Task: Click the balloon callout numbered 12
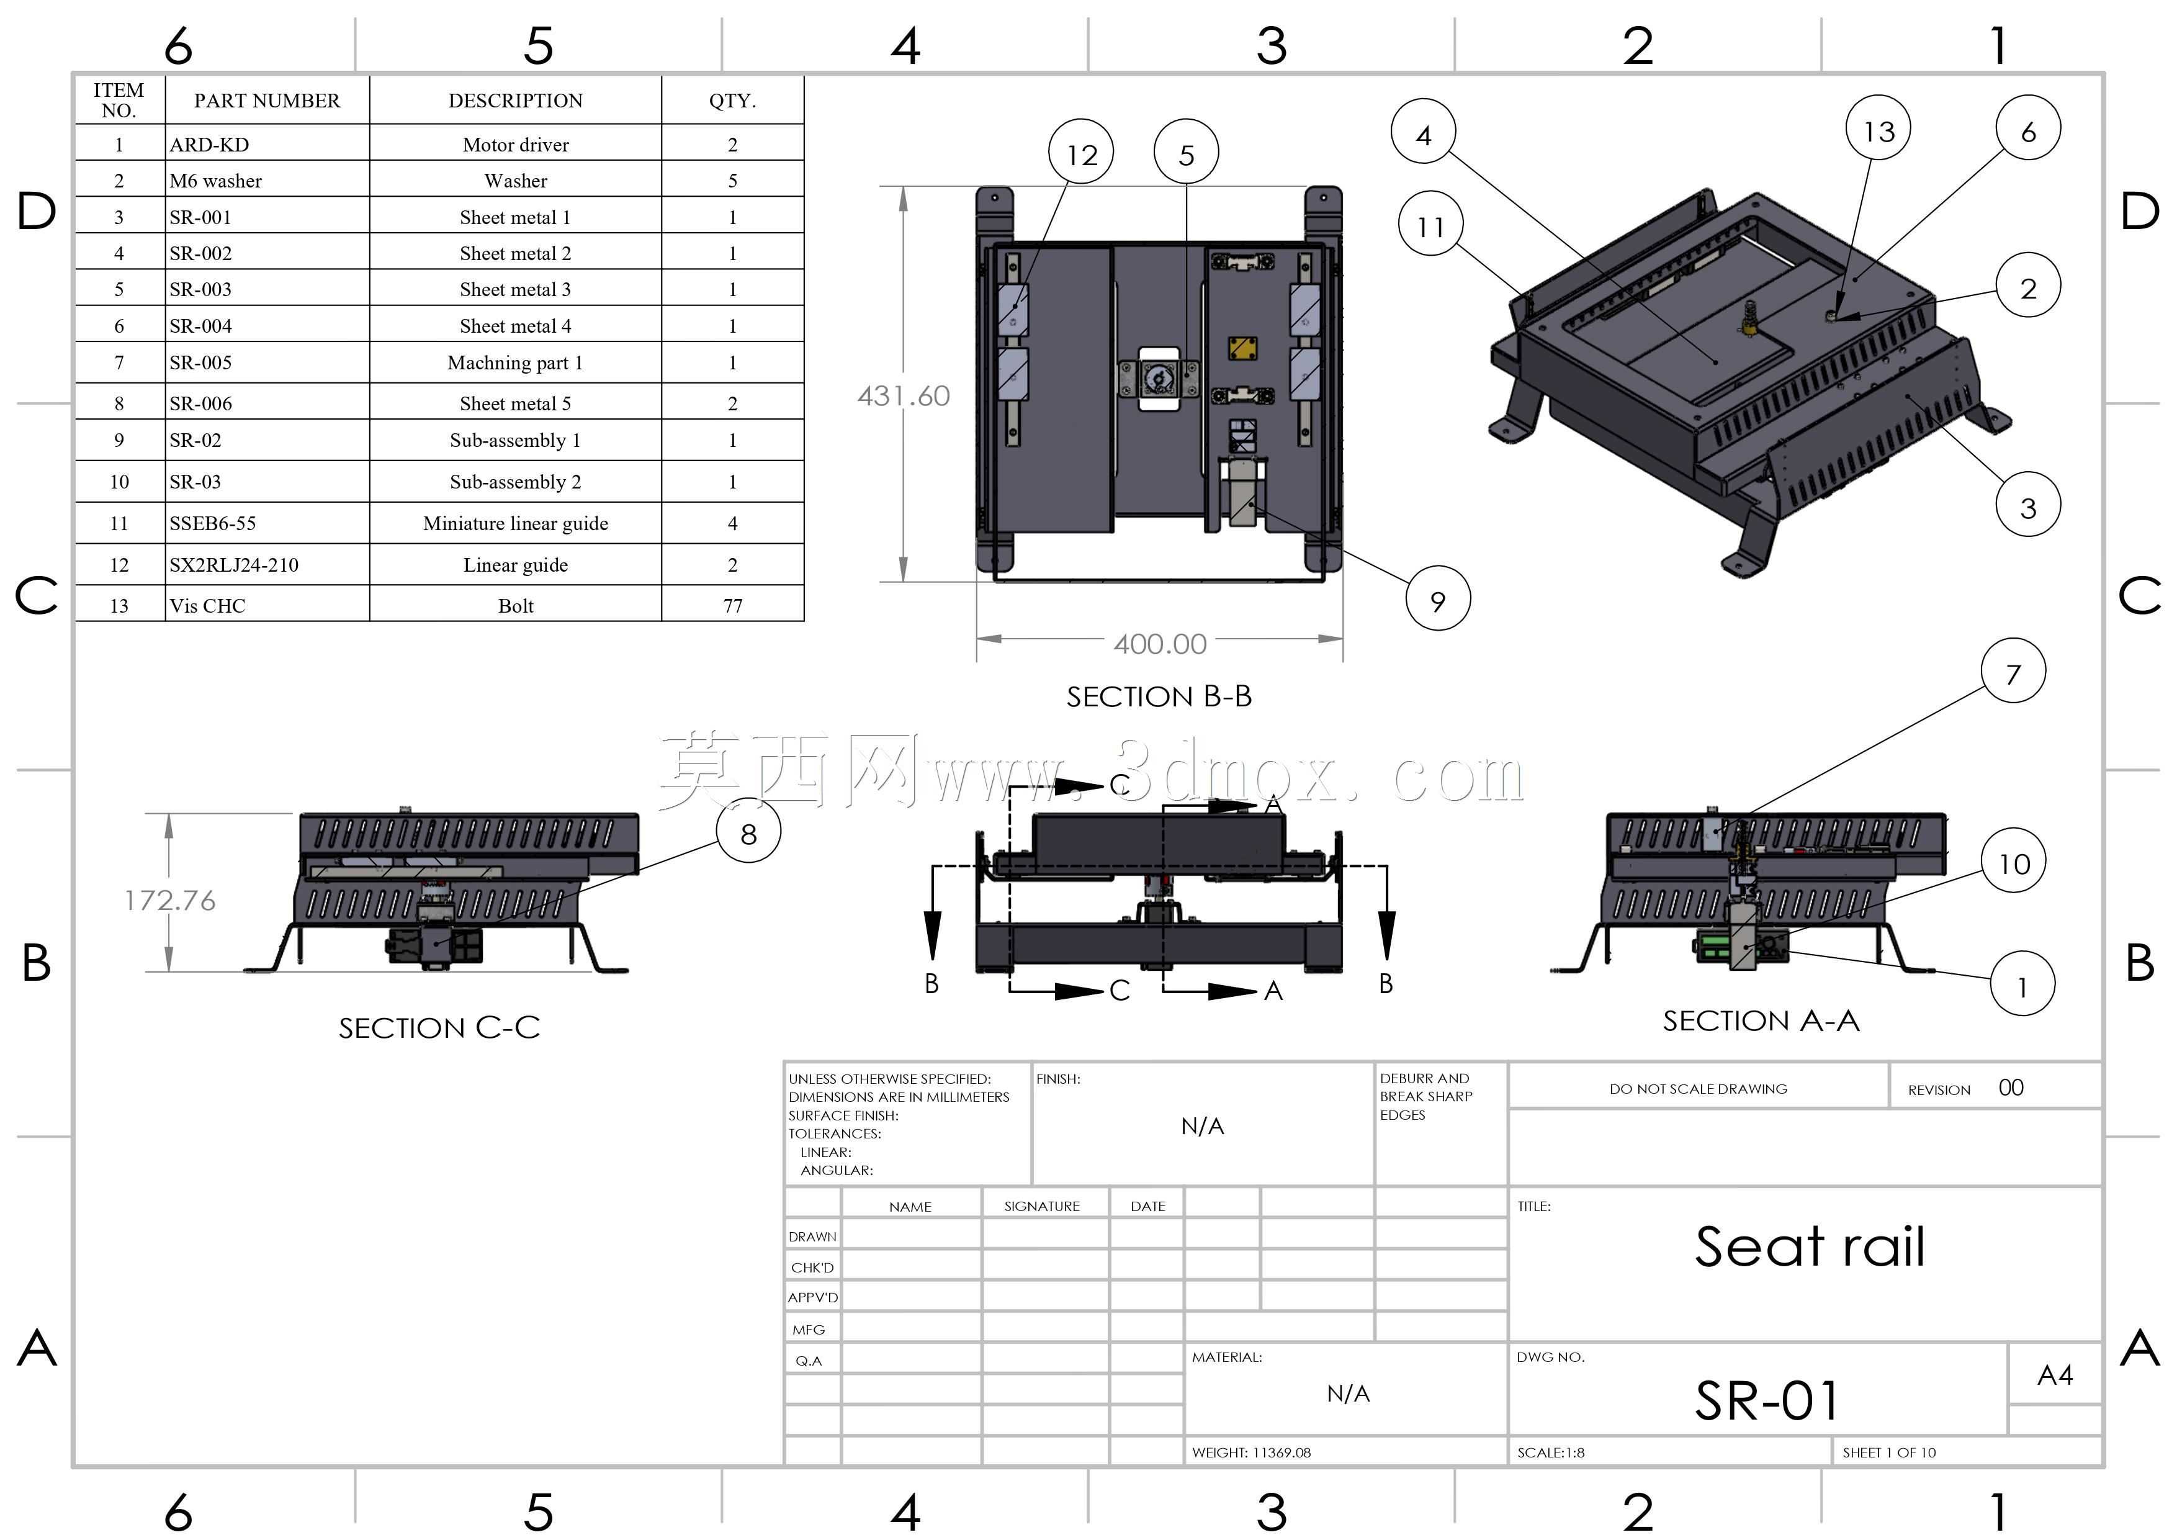[1081, 153]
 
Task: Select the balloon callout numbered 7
[2013, 672]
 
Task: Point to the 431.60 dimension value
[904, 395]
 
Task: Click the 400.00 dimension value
[1160, 644]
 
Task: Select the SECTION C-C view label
[439, 1028]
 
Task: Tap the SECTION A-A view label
[1761, 1021]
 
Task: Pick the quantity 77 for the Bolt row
[733, 606]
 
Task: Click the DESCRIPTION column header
[516, 101]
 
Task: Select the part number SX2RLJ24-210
[234, 565]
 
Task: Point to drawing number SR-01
[1767, 1400]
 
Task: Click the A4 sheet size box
[2055, 1375]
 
